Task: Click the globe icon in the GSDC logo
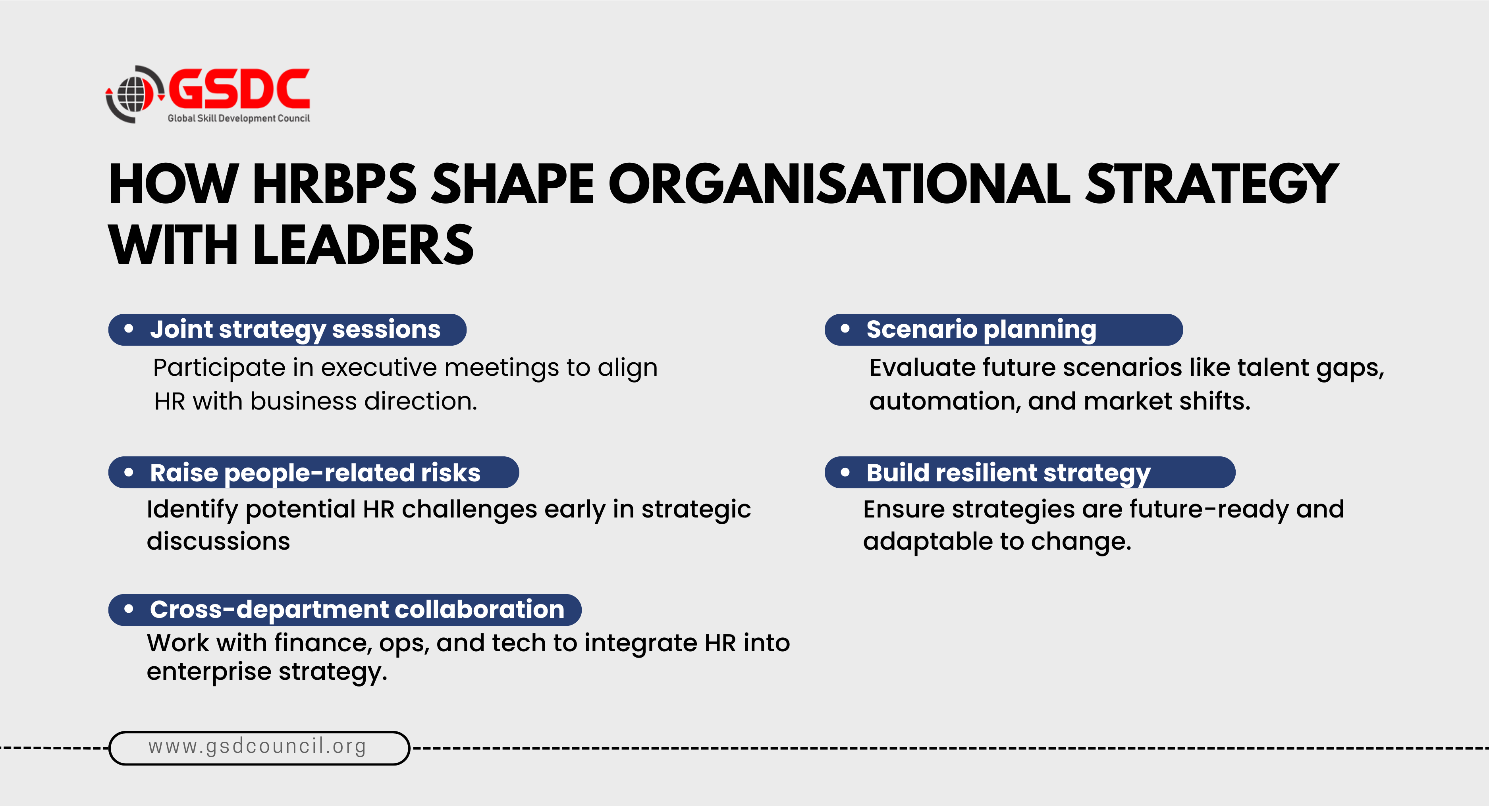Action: pos(132,94)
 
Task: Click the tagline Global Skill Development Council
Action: pos(239,118)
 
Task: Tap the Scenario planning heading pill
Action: pos(1003,330)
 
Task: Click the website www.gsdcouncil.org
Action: pos(257,746)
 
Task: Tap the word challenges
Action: pos(469,510)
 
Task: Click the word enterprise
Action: pos(209,672)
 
